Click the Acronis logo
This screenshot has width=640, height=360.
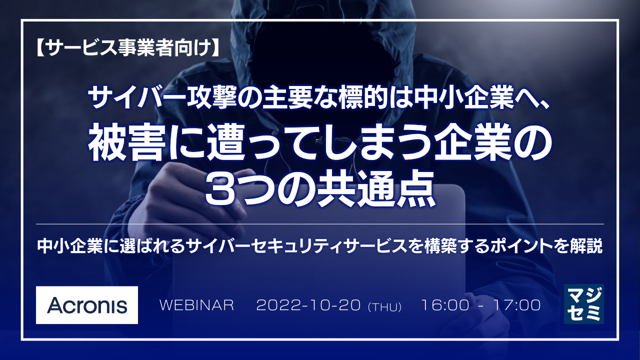87,305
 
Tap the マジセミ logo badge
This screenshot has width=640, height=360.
583,304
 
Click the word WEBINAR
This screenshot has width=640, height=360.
196,305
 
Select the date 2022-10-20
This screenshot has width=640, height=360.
308,305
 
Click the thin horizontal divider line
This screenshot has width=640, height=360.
320,224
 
